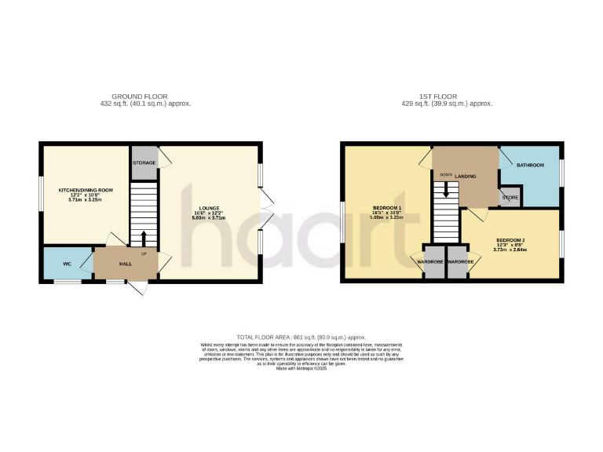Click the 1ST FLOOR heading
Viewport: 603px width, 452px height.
[x=447, y=97]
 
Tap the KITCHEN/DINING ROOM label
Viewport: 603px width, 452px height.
[x=86, y=190]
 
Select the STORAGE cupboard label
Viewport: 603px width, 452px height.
[x=144, y=162]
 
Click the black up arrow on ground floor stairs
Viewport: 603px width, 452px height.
[x=144, y=237]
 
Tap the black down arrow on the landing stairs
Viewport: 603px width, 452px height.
[x=446, y=189]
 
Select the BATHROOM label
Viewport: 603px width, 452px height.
[x=530, y=165]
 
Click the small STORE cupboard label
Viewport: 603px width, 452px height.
[x=510, y=197]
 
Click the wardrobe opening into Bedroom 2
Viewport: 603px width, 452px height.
[x=459, y=261]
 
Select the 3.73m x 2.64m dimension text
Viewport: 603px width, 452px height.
[x=511, y=250]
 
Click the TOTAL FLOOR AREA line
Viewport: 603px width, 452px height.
[x=301, y=337]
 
